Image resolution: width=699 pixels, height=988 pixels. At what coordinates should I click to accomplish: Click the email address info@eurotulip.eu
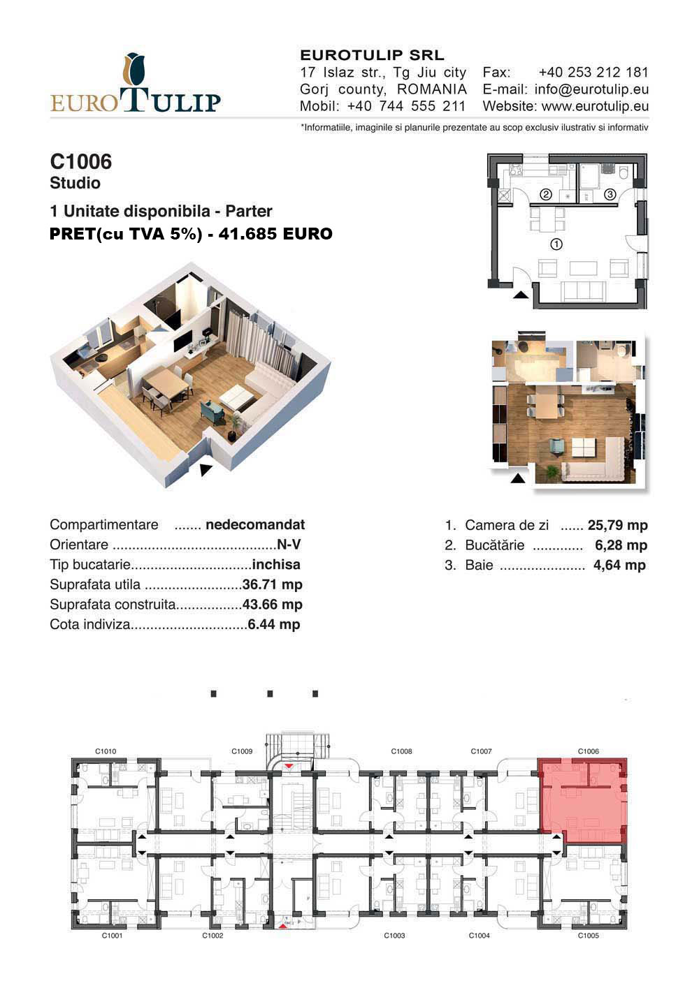[591, 89]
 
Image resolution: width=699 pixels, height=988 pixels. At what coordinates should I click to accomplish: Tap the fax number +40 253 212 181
[593, 72]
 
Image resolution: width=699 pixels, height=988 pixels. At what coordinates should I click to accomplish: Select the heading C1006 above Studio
[81, 161]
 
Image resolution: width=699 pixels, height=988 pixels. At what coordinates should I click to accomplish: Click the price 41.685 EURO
[275, 234]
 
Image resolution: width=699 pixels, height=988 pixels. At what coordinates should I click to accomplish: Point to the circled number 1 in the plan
[556, 244]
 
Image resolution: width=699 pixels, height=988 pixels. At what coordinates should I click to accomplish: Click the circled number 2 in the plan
[546, 194]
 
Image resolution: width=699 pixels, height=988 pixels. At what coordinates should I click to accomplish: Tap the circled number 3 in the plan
[610, 194]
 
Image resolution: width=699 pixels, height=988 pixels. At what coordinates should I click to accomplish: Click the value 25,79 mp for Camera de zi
[617, 525]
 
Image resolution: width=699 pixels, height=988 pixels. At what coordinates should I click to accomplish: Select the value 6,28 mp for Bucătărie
[621, 545]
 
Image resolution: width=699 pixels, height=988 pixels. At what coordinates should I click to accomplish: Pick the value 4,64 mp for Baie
[619, 565]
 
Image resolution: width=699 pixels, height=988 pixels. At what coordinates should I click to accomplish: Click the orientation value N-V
[289, 545]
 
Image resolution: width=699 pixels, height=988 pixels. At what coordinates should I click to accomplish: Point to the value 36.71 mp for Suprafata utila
[272, 584]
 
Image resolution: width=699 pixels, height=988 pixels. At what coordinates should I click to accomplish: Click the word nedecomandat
[255, 524]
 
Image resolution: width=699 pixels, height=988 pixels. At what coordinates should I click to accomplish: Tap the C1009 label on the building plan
[242, 751]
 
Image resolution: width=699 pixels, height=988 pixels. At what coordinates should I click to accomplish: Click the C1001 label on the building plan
[112, 936]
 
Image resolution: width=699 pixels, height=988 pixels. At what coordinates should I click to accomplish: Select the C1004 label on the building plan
[479, 936]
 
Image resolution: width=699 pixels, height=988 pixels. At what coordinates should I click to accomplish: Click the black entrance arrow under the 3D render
[204, 470]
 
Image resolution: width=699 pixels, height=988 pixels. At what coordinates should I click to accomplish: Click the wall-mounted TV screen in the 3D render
[182, 341]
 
